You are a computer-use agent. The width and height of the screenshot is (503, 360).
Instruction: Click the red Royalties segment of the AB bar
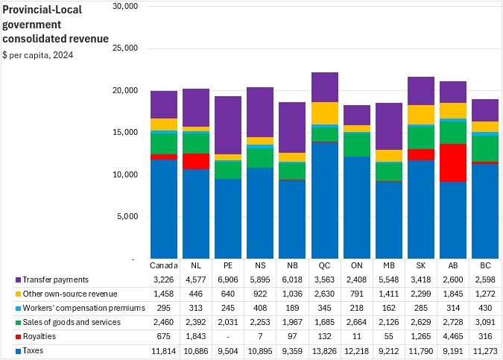point(452,162)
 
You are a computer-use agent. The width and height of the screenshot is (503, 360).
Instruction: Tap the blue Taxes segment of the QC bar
point(324,200)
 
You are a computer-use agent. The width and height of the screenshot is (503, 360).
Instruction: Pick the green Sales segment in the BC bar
point(484,148)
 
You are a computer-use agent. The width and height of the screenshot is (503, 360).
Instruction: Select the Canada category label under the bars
point(164,265)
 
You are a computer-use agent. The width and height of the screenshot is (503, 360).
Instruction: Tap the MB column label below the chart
point(388,265)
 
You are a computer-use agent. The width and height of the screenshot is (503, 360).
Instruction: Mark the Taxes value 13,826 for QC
point(324,350)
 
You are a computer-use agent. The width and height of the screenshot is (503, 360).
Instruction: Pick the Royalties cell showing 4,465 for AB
point(452,336)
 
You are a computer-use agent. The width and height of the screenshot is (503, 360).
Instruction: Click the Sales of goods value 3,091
point(484,322)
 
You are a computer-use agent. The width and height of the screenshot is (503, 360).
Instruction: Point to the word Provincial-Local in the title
point(40,10)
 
